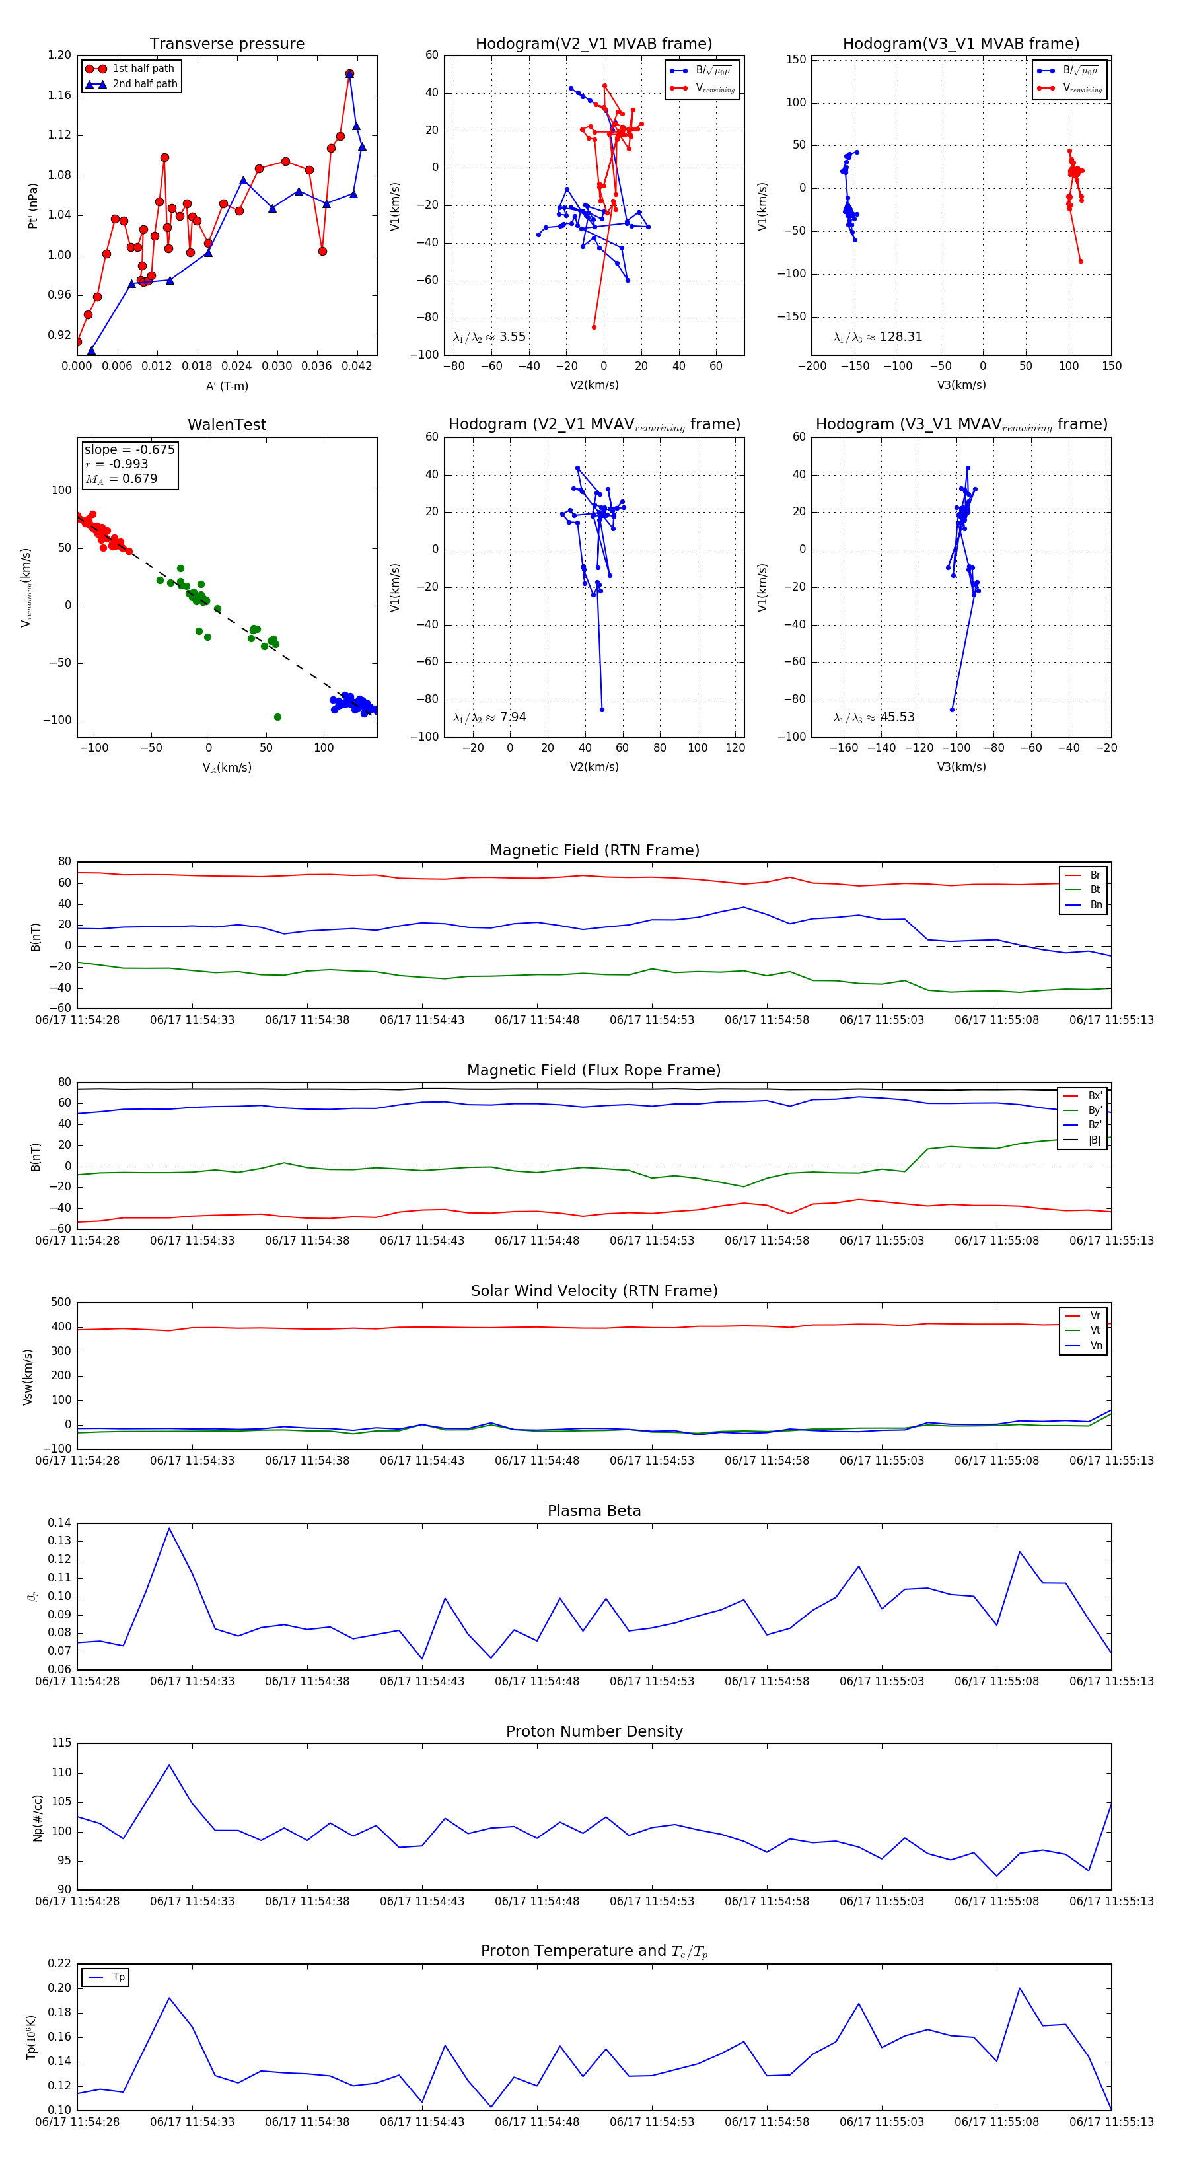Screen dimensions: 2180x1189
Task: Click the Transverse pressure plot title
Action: [x=227, y=44]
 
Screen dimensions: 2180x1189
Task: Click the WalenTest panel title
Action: [x=227, y=425]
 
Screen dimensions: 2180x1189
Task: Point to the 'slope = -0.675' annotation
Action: [x=129, y=449]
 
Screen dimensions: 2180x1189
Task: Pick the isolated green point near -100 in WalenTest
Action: [x=277, y=717]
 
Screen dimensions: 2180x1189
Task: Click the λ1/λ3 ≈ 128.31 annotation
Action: [x=878, y=337]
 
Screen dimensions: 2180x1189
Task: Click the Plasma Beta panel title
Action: [x=594, y=1511]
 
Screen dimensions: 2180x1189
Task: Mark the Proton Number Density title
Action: [x=594, y=1731]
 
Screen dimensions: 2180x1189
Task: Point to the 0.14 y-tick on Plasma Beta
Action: [x=59, y=1523]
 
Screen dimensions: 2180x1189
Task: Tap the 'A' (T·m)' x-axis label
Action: [x=227, y=386]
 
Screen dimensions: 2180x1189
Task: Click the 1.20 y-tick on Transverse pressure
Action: [x=59, y=55]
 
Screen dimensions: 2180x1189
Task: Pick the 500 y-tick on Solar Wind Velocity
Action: [x=61, y=1303]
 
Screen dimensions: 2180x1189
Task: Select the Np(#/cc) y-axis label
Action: [x=37, y=1816]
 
